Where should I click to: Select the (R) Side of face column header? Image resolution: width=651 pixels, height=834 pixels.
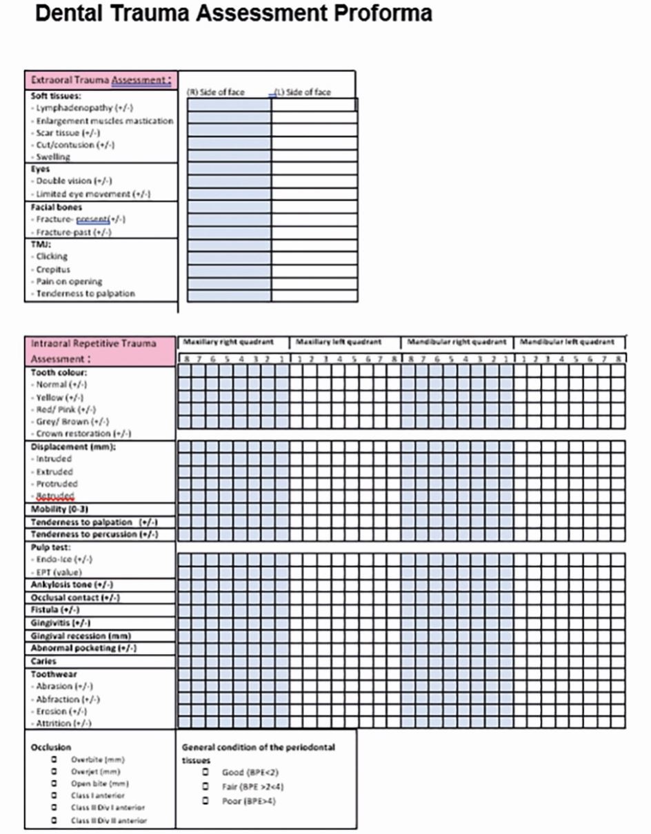coord(216,92)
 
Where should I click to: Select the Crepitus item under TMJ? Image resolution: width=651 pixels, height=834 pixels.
coord(53,269)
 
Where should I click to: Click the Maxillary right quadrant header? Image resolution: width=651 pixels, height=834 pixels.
coord(228,342)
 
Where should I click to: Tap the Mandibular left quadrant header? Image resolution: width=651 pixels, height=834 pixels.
coord(567,342)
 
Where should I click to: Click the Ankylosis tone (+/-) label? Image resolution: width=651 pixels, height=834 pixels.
coord(72,584)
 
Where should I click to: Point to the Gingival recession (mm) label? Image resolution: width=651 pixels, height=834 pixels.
coord(81,635)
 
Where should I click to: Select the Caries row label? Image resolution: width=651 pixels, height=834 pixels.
coord(44,661)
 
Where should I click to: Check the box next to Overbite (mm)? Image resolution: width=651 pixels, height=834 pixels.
coord(54,760)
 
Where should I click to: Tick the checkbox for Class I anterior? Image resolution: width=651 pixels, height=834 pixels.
coord(54,795)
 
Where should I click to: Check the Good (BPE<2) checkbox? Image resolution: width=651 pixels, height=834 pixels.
coord(205,772)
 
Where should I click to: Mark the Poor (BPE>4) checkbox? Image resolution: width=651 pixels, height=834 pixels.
coord(205,801)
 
